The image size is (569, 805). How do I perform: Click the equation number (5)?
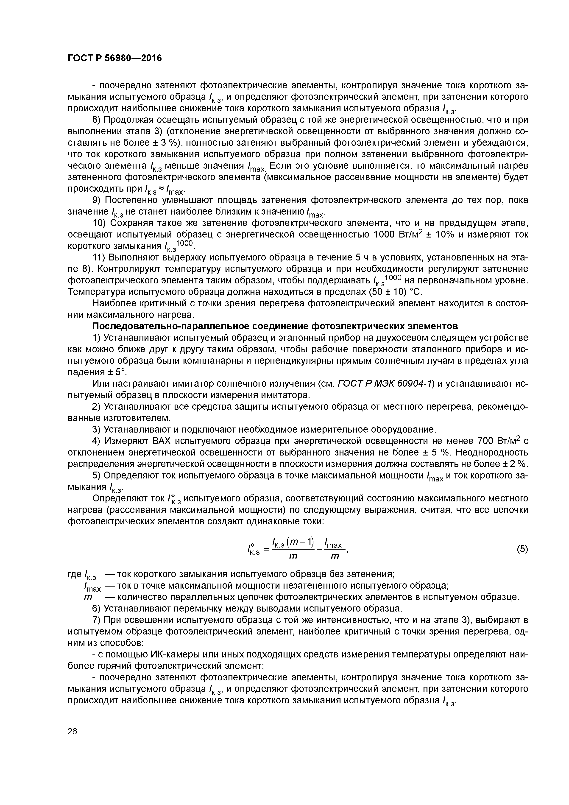pos(522,549)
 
